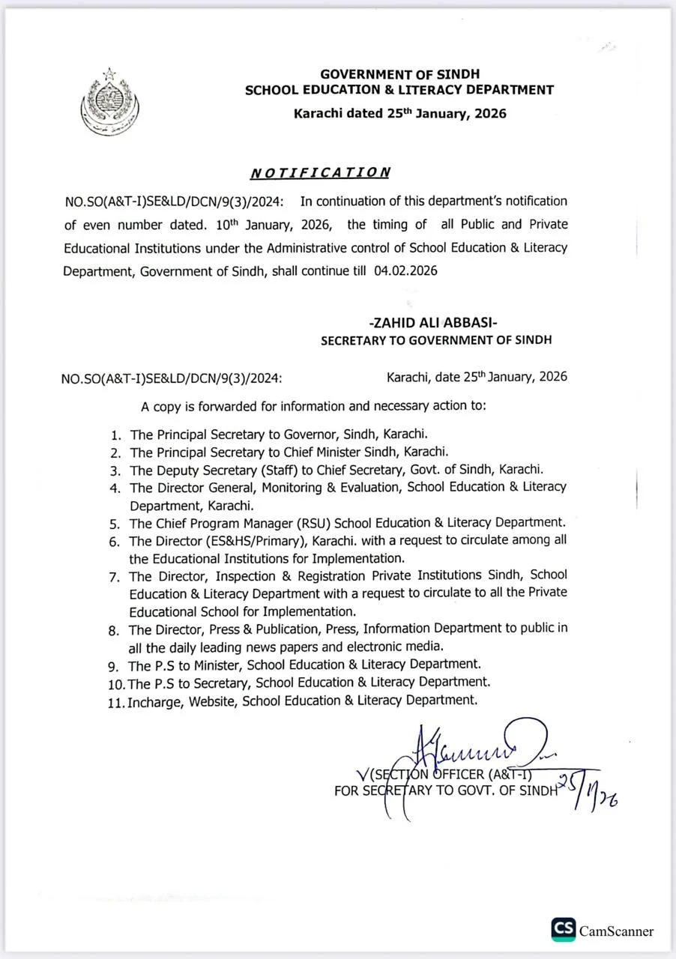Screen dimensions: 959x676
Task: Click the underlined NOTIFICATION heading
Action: (x=320, y=172)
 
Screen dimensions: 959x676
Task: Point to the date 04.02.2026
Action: (x=405, y=271)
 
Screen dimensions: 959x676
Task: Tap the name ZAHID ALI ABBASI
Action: (x=433, y=322)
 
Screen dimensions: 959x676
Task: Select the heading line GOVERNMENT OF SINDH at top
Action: (x=399, y=74)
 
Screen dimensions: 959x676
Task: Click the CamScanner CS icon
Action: (x=564, y=930)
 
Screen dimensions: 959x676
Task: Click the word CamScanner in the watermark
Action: (x=616, y=931)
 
